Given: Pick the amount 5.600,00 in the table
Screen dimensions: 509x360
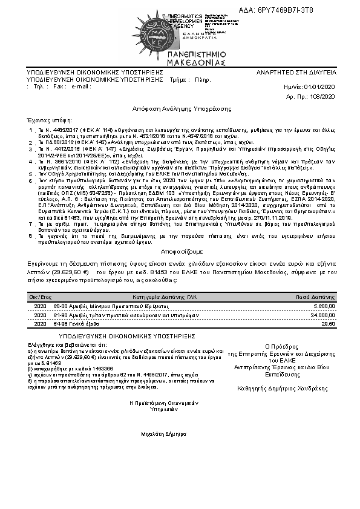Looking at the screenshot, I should tap(324, 307).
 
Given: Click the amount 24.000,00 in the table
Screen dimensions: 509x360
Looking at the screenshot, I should tap(322, 315).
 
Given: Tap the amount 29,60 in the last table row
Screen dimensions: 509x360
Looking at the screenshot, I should tap(327, 324).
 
